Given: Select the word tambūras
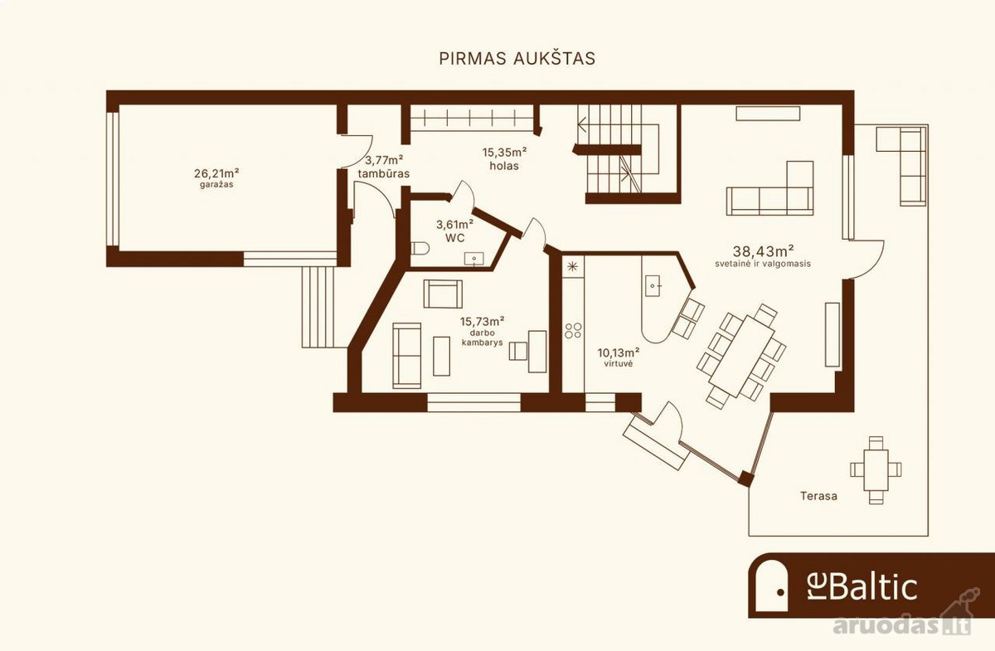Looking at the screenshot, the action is click(384, 173).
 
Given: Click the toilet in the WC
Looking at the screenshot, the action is click(420, 248).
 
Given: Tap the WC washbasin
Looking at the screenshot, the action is click(474, 259).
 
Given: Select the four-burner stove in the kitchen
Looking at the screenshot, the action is click(573, 331).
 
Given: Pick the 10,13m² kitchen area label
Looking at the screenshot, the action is click(619, 353).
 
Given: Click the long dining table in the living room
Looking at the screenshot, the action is click(742, 356).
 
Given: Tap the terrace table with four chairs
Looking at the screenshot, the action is click(876, 469).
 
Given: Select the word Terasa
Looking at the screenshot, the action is click(818, 496).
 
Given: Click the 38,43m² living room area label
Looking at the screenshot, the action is click(764, 251).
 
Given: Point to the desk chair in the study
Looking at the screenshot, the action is click(518, 351).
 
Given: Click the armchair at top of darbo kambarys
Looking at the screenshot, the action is click(443, 294).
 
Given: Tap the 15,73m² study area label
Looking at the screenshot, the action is click(482, 321).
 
